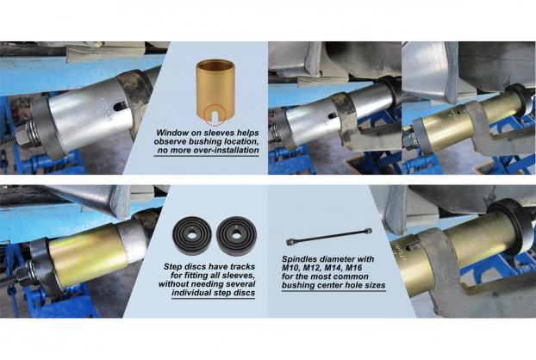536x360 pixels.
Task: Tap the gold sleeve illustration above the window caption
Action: pos(212,90)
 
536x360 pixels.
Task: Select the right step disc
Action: pos(235,236)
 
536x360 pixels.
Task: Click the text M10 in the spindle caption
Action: pos(291,268)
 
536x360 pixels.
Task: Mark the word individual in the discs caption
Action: pos(191,293)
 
